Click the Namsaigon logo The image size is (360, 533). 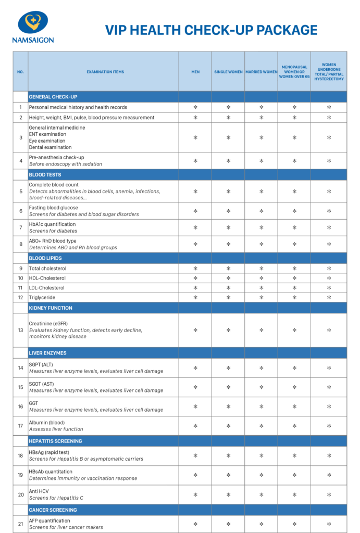point(33,27)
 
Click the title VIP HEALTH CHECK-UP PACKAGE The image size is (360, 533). point(211,30)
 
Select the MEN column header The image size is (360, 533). point(195,72)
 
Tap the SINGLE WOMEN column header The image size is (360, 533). point(228,72)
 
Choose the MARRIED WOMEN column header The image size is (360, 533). point(261,72)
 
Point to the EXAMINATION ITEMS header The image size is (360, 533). point(105,72)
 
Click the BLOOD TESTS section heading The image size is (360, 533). point(45,175)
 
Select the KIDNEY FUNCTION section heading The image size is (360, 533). point(51,308)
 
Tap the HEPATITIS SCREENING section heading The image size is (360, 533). point(55,441)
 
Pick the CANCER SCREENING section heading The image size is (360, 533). point(53,510)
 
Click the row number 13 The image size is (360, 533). point(21,330)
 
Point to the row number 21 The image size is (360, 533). point(21,524)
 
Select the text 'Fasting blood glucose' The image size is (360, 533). point(53,208)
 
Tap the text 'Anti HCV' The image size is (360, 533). point(39,491)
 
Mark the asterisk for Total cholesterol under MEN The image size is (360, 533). point(195,269)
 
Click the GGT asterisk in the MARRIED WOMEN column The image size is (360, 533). point(261,407)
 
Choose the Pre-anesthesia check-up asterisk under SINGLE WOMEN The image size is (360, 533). point(228,161)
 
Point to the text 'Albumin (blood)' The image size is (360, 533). point(47,422)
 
